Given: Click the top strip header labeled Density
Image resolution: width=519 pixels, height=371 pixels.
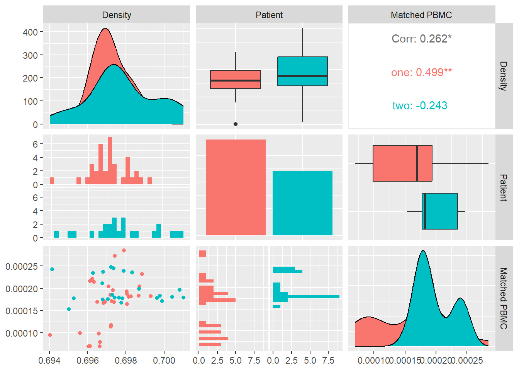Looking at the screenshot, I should [116, 15].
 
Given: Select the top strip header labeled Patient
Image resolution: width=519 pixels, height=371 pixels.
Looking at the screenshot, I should [269, 15].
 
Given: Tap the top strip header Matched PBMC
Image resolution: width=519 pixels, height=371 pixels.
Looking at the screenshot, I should [421, 15].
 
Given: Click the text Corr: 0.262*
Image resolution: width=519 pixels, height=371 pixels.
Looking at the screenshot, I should [421, 39].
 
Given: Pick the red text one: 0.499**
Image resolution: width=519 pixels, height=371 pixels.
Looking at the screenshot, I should [421, 72].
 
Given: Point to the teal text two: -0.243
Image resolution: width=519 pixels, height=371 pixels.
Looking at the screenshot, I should [420, 106].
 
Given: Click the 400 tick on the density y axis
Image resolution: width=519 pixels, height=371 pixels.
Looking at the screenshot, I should [30, 32].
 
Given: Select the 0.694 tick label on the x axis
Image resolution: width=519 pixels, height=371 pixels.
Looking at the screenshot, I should [49, 361].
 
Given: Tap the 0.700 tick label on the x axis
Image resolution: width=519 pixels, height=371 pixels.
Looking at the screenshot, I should [164, 361].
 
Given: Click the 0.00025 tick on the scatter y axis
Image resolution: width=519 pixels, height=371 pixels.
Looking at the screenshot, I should [22, 266].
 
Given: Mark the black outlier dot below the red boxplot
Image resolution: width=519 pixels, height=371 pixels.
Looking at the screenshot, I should [236, 124].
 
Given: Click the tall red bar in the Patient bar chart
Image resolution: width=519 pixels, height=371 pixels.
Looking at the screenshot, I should [236, 187].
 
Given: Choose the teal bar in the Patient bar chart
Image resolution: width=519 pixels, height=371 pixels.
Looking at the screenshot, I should [302, 203].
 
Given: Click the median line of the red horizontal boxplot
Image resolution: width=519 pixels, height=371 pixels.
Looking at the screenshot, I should [417, 163].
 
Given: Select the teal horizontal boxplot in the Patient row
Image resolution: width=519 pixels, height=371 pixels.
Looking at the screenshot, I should [440, 211].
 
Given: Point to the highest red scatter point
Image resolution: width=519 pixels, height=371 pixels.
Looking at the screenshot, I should [124, 250].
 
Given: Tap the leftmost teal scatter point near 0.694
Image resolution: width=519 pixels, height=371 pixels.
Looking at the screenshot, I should [52, 269].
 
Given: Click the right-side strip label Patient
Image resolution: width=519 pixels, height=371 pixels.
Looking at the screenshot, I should [504, 187].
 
